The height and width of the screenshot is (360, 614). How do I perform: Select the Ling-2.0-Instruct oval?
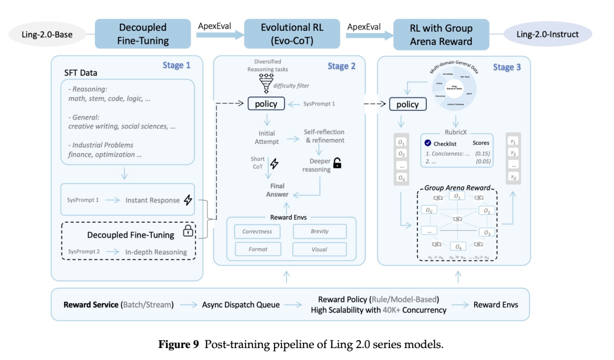tap(547, 34)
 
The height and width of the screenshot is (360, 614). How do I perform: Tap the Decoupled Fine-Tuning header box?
tap(143, 34)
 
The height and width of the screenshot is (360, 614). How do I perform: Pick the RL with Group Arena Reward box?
tap(441, 34)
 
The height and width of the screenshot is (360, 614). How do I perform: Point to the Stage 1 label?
tap(176, 65)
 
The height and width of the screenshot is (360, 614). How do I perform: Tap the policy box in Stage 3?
tap(407, 104)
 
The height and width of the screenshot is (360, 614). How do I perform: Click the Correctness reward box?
tap(257, 231)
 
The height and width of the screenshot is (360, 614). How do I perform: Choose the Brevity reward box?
tap(320, 231)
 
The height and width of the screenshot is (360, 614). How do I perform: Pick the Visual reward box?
tap(320, 249)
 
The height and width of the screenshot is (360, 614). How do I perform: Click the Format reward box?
tap(257, 249)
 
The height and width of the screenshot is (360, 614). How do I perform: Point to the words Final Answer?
tap(277, 190)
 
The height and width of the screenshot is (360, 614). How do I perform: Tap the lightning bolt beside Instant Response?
tap(188, 200)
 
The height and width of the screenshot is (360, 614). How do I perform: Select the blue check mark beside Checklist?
tap(428, 144)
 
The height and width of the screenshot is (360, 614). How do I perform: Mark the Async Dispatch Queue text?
tap(240, 304)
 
